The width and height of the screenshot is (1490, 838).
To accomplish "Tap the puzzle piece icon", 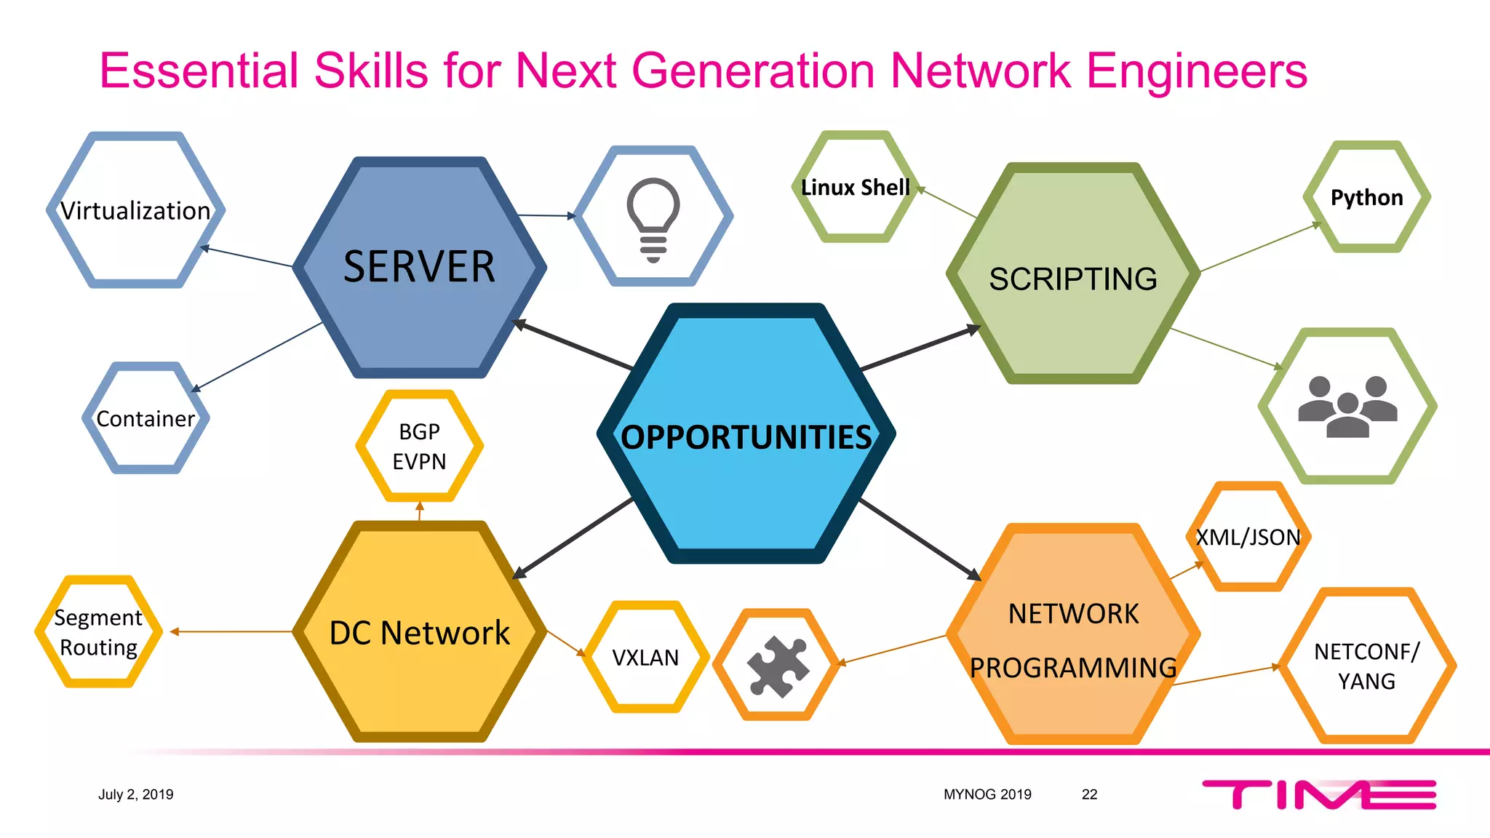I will click(778, 666).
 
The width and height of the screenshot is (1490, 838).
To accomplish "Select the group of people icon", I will click(1347, 407).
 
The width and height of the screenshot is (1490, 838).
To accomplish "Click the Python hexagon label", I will click(1366, 198).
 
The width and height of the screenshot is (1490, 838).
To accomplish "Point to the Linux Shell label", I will click(855, 188).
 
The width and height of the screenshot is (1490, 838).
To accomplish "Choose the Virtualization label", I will click(135, 211).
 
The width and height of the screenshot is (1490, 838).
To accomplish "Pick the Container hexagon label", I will click(146, 419).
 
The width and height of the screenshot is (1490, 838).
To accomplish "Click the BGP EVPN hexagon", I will click(419, 447).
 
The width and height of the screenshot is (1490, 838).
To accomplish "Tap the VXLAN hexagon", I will click(645, 658).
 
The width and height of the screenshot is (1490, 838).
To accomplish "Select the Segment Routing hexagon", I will click(98, 632).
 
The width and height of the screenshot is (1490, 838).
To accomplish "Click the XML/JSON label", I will click(1248, 538).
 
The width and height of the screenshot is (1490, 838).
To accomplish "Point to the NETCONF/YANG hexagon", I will click(1366, 666).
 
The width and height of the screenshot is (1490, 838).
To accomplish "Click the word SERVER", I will click(419, 267).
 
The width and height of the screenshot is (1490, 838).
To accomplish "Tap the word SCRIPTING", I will click(1073, 279).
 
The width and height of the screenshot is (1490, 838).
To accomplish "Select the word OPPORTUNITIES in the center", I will click(746, 437).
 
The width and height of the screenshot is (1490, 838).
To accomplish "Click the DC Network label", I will click(419, 633).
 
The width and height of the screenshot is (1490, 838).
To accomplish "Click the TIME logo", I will click(1318, 794).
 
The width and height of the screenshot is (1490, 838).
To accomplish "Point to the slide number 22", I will click(1089, 794).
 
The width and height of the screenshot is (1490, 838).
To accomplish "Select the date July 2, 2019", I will click(136, 794).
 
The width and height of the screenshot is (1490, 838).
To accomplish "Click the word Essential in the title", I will click(199, 71).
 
